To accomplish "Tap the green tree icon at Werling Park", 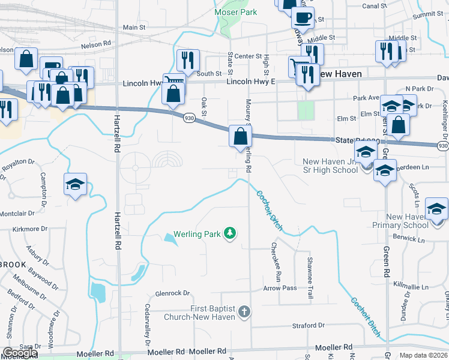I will point(229,232).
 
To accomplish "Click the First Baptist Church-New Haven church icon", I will point(244,311).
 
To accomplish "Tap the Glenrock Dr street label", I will point(172,293).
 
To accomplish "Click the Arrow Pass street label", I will point(280,288).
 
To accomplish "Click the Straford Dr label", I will point(308,325).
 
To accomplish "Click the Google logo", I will point(20,353).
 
